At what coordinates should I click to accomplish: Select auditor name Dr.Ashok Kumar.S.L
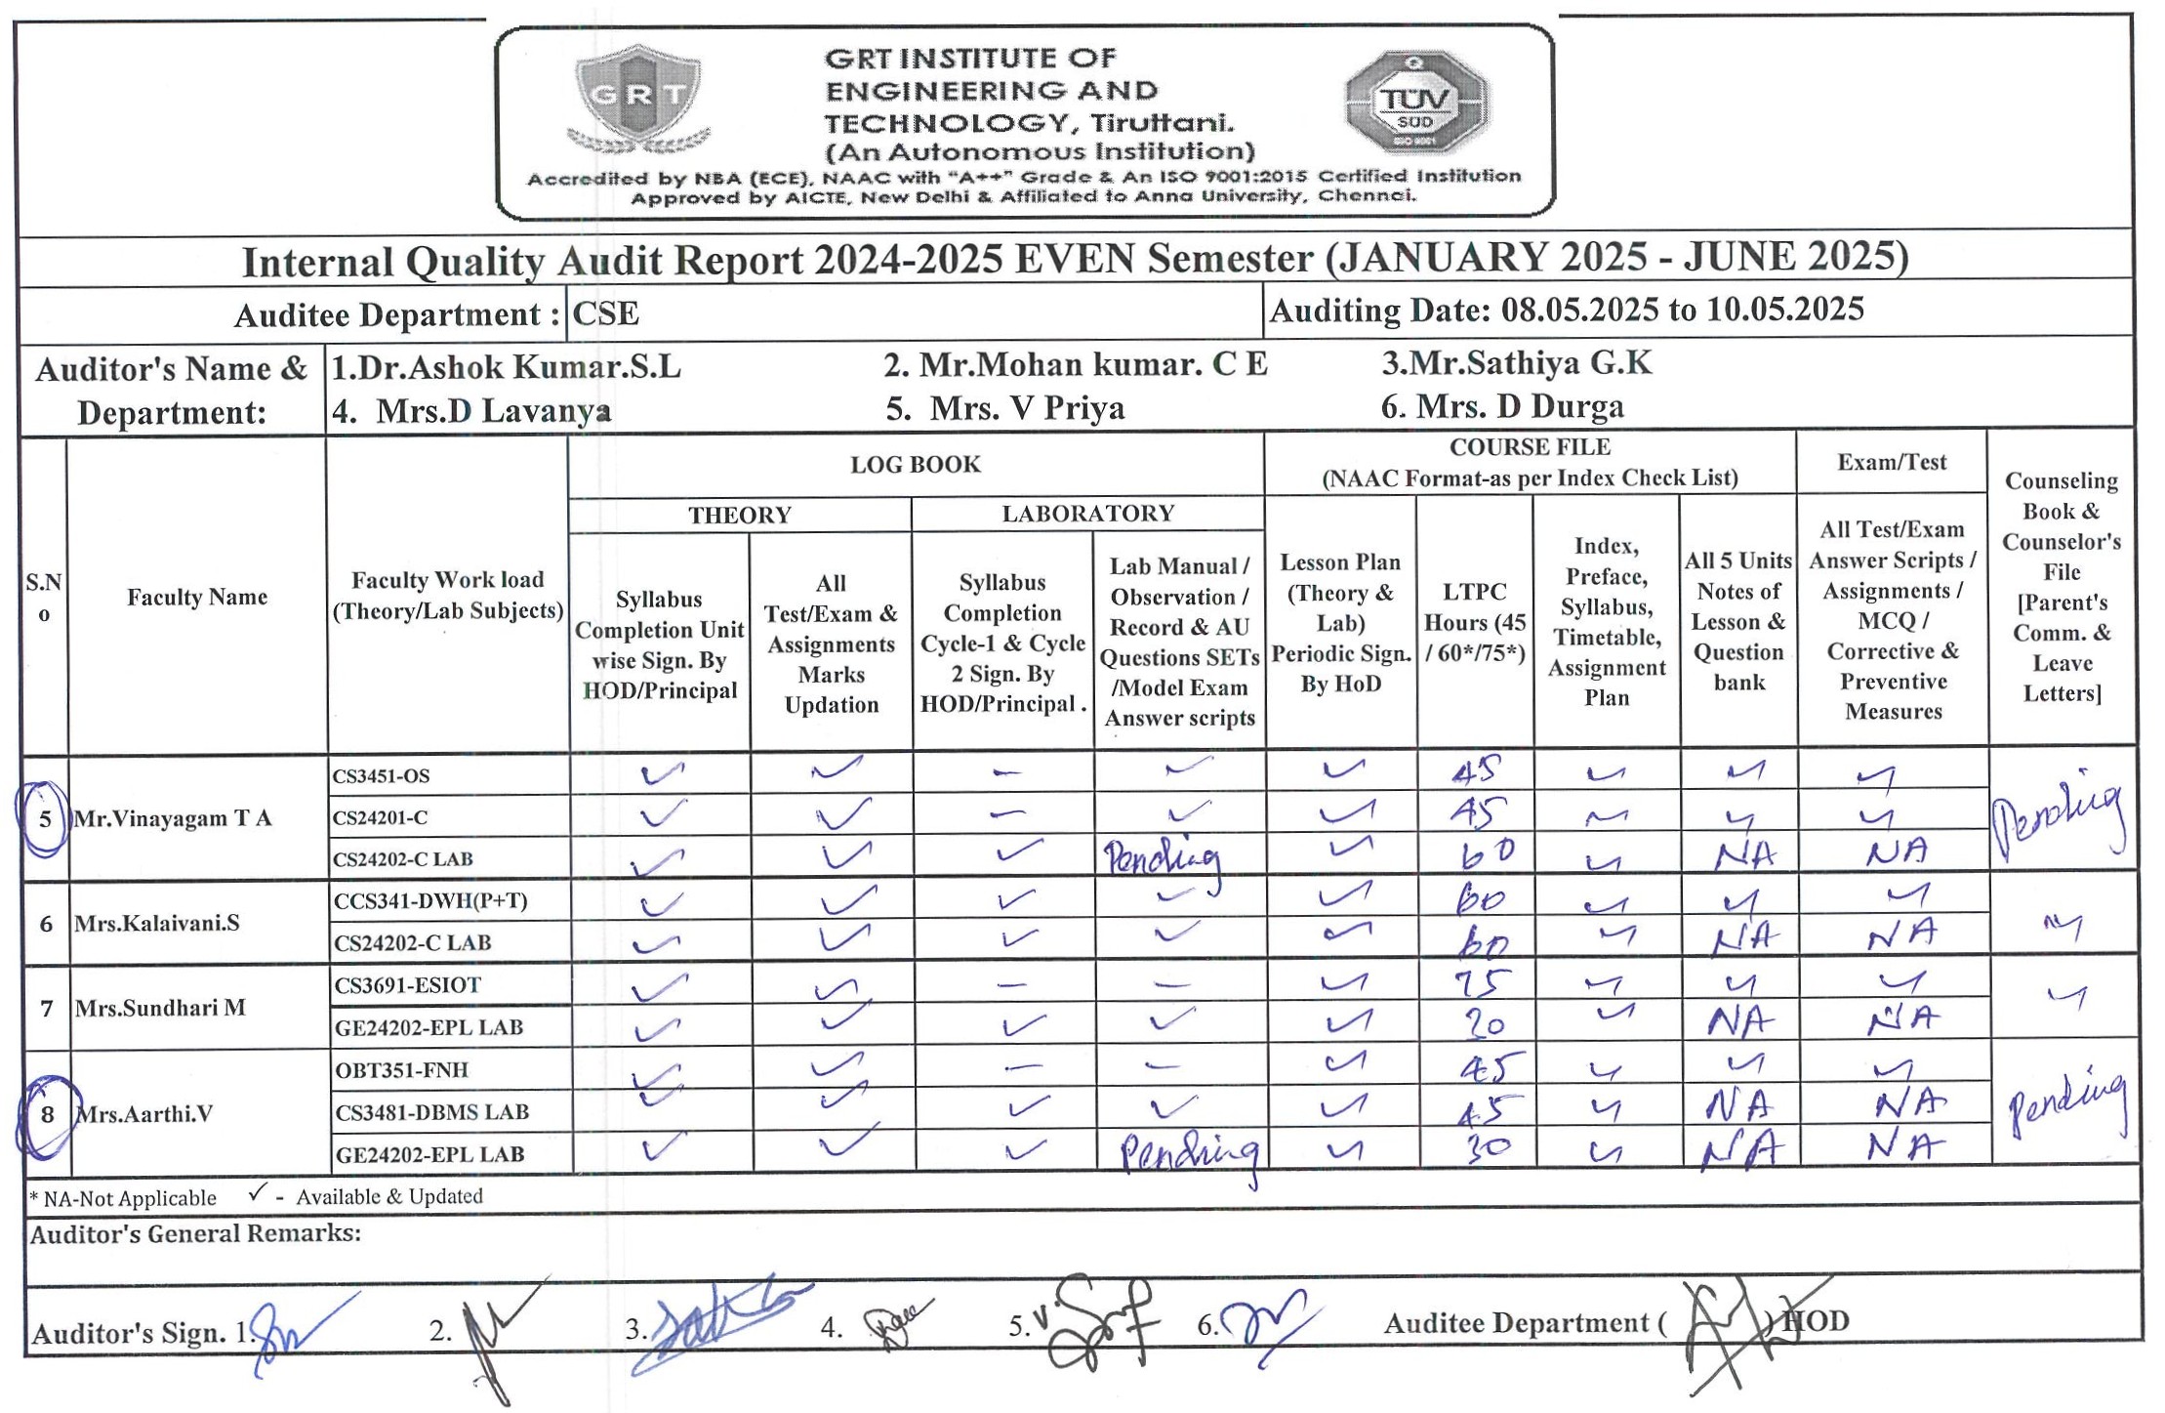506,367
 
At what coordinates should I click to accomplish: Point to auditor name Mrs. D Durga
1502,406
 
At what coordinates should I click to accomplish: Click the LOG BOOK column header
915,465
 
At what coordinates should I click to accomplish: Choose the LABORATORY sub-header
1087,514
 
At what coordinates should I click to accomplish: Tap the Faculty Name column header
197,597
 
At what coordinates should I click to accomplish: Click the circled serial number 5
44,818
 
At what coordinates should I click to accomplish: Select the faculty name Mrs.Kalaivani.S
156,923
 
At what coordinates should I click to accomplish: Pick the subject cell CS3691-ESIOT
407,985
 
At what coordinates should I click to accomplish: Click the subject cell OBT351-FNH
401,1069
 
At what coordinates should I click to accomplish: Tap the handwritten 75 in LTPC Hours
1481,982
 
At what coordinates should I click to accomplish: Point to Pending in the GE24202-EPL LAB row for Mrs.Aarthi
1189,1153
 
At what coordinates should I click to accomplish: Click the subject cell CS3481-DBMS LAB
431,1112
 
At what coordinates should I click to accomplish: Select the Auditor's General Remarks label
195,1233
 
